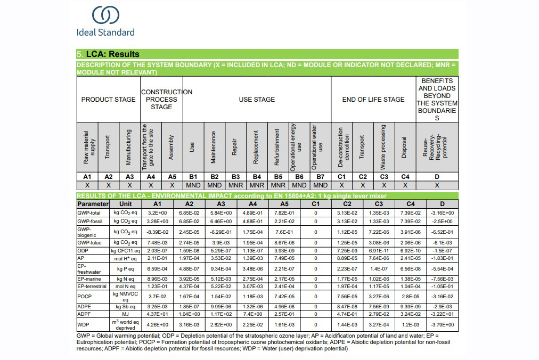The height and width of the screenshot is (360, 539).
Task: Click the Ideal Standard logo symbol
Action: click(x=105, y=15)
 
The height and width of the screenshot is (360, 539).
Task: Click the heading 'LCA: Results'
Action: click(x=112, y=54)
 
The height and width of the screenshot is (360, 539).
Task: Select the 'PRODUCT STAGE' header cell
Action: click(x=108, y=100)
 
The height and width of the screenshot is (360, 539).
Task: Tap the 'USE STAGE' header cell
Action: click(x=257, y=100)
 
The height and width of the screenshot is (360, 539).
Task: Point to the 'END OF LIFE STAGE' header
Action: click(x=373, y=100)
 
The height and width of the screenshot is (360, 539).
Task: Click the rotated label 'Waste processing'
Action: click(x=383, y=147)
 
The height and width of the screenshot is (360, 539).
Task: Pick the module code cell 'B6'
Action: click(x=299, y=177)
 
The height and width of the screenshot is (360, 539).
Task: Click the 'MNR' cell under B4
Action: click(x=257, y=185)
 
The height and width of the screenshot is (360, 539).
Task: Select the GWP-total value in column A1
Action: click(x=157, y=213)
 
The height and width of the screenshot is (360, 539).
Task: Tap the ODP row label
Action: click(x=83, y=251)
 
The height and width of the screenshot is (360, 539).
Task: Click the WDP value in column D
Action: click(x=442, y=324)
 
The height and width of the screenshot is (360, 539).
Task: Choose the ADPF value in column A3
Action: click(x=221, y=314)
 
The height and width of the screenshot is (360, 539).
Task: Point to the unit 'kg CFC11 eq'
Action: click(x=125, y=251)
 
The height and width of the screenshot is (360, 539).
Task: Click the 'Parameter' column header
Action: click(x=93, y=204)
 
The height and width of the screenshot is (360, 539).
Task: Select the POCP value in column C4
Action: click(x=411, y=297)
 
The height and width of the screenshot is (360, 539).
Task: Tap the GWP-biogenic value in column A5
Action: click(x=284, y=232)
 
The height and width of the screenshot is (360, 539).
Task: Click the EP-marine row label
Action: click(x=89, y=279)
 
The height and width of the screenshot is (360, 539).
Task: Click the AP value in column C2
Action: click(x=347, y=258)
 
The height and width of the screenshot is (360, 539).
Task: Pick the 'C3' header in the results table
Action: click(x=379, y=204)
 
